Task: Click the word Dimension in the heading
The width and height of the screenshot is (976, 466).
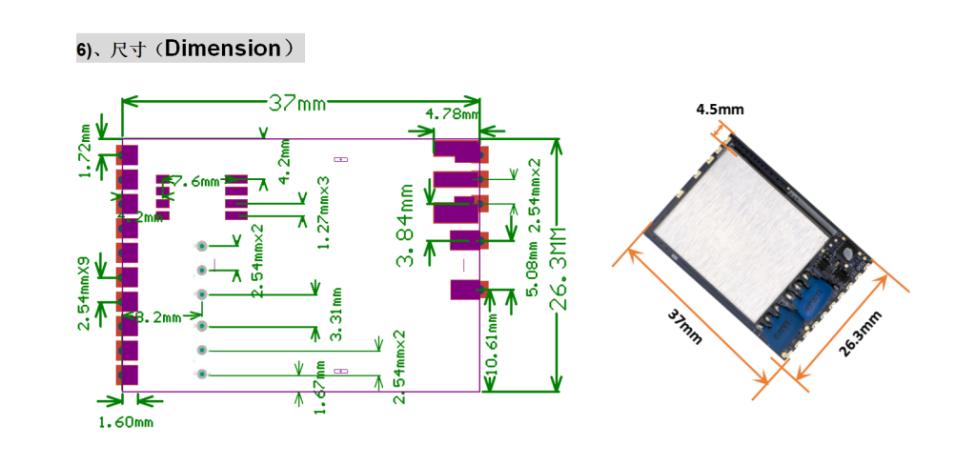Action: [x=222, y=49]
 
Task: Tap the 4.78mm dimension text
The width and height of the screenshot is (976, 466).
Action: [x=453, y=113]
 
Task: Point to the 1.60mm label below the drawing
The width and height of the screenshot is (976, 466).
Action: [x=126, y=421]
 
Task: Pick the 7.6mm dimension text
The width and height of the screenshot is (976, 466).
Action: [x=194, y=179]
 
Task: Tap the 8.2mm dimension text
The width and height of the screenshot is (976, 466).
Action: [x=154, y=316]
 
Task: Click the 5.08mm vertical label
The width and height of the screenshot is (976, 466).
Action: [x=532, y=270]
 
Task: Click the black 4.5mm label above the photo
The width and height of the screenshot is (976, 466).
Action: [x=720, y=110]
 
